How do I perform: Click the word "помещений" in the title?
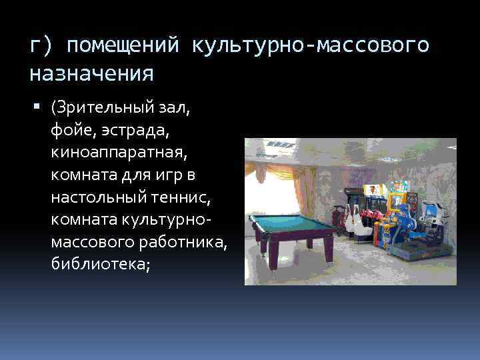point(123,45)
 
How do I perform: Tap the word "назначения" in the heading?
point(91,72)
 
